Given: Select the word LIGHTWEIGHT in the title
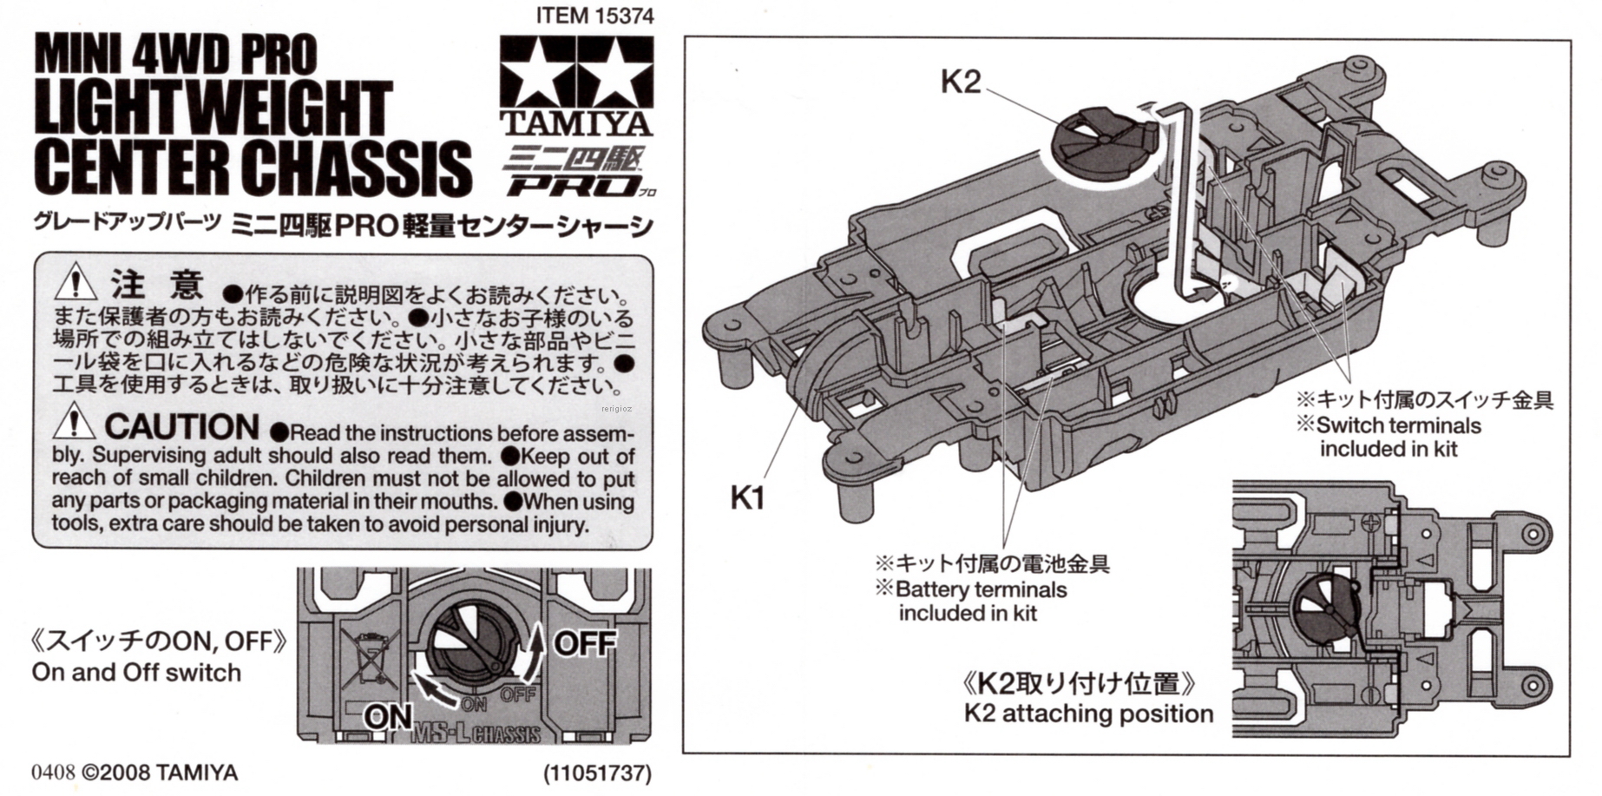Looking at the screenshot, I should pyautogui.click(x=213, y=110).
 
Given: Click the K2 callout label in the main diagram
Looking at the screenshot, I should pyautogui.click(x=961, y=82).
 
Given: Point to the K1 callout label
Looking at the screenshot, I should pyautogui.click(x=747, y=498).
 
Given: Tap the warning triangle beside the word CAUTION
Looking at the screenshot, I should pyautogui.click(x=75, y=422).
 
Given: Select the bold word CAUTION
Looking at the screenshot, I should pyautogui.click(x=182, y=427).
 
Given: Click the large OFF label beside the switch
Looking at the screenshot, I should pyautogui.click(x=584, y=644).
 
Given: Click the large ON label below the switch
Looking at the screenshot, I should pyautogui.click(x=388, y=717).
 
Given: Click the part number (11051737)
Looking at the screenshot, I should pyautogui.click(x=597, y=773).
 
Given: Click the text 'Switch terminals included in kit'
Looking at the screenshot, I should pyautogui.click(x=1396, y=437).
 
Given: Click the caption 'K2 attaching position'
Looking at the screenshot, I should pyautogui.click(x=1088, y=714).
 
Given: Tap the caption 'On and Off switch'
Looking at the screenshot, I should pyautogui.click(x=136, y=673).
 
